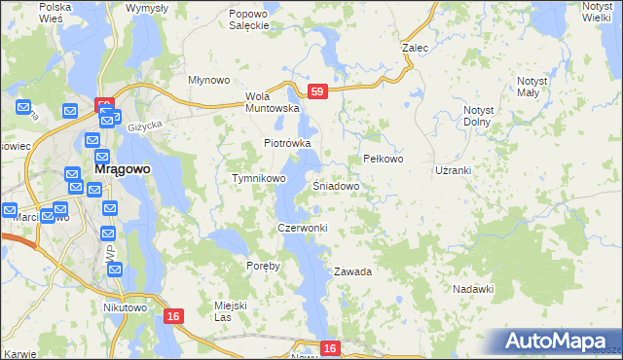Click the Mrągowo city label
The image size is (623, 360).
pyautogui.click(x=122, y=168)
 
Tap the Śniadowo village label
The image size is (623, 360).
pyautogui.click(x=337, y=185)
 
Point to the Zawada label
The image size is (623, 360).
pyautogui.click(x=352, y=271)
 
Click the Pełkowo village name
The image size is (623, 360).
pyautogui.click(x=383, y=159)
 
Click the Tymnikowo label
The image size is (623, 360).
pyautogui.click(x=258, y=179)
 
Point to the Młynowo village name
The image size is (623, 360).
pyautogui.click(x=207, y=81)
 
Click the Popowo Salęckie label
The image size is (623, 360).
pyautogui.click(x=248, y=19)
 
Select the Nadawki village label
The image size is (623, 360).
pyautogui.click(x=474, y=289)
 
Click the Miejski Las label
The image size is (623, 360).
pyautogui.click(x=231, y=311)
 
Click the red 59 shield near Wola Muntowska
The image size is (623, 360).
pyautogui.click(x=316, y=91)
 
